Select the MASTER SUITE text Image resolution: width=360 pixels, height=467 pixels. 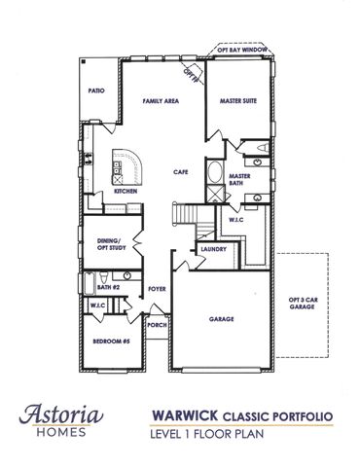point(238,101)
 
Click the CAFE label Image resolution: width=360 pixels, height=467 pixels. point(180,171)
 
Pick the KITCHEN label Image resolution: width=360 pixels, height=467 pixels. point(126,192)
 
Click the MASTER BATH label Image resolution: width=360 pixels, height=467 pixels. point(240,180)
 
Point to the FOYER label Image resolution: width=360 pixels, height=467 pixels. point(155,288)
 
